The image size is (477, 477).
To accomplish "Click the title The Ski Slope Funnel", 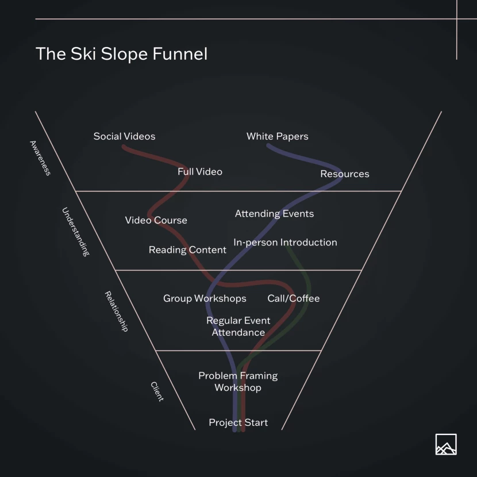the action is pos(121,54).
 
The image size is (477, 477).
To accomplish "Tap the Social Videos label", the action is pos(124,136).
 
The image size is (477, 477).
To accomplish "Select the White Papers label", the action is pos(277,136).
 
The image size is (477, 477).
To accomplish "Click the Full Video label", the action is pos(199,172).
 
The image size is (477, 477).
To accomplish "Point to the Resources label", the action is pos(344,174).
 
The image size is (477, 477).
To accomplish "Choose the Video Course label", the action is pos(156,220).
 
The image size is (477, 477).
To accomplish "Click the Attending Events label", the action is pos(274,214).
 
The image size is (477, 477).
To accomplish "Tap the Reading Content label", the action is pos(187,250).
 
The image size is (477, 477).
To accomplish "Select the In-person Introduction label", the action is pos(285,243).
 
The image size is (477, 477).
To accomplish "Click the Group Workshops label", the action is pos(205,298).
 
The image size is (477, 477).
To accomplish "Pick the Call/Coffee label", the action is pos(293,298).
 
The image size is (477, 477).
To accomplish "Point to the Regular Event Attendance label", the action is pos(238,326).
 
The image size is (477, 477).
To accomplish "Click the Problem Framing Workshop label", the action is pos(238,382).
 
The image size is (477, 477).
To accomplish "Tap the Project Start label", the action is pos(238,423).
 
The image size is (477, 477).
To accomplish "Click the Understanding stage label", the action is pos(76,232).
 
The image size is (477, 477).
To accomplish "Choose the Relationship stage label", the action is pos(116,311).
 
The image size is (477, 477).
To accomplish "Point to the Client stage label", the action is pos(157,391).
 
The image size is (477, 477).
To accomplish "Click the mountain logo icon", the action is pos(446,444).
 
